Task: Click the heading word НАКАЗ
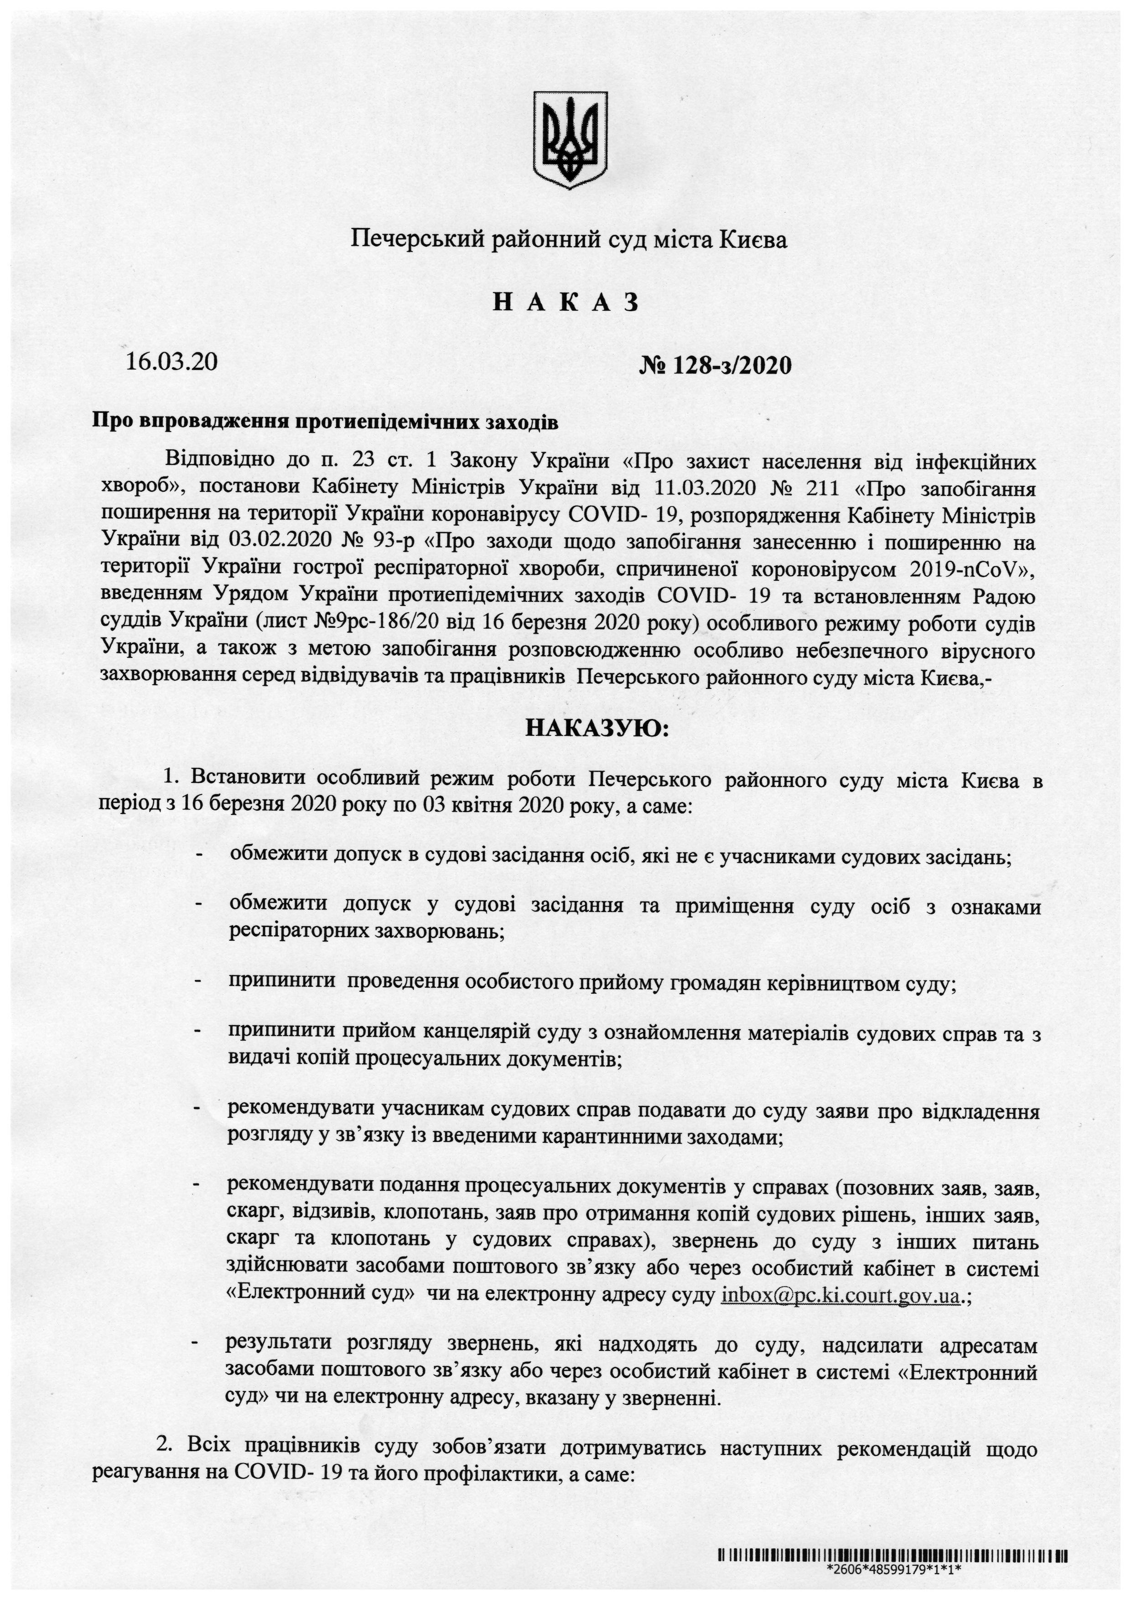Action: [x=565, y=303]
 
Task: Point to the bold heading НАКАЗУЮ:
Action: [x=596, y=730]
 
